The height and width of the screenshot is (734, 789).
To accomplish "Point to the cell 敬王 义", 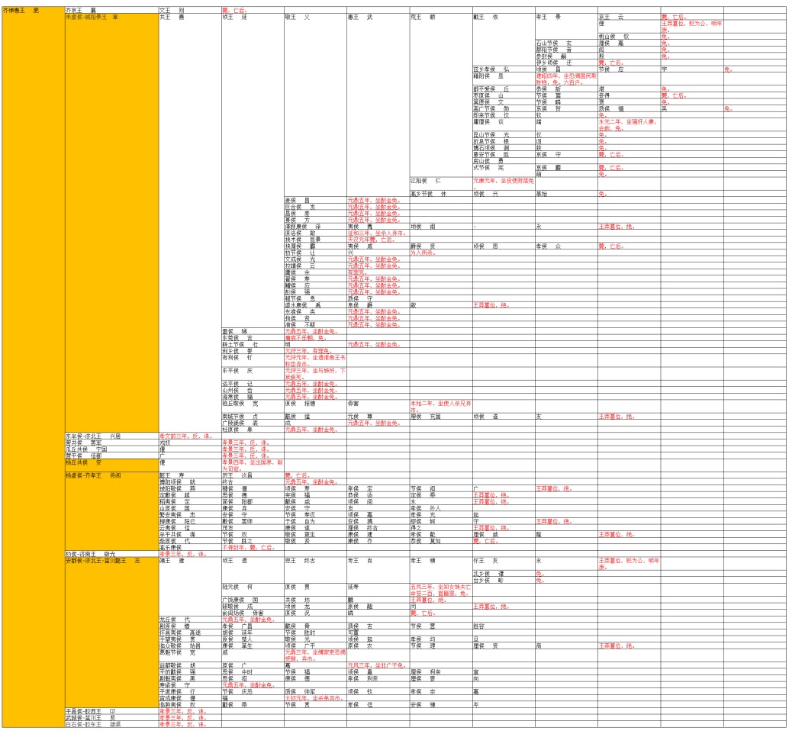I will (298, 16).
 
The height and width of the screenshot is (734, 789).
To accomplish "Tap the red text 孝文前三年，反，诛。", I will (183, 436).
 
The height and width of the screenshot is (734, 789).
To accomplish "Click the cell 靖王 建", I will (172, 561).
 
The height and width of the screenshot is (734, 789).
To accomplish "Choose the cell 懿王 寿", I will (172, 475).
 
